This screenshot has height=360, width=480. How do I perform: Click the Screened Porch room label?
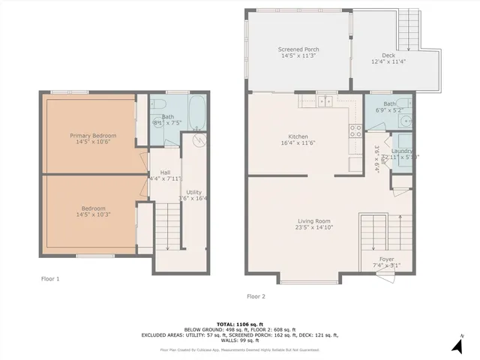tap(299, 49)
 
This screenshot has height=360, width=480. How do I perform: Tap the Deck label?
tap(388, 55)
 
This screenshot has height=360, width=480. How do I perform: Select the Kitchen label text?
tap(298, 136)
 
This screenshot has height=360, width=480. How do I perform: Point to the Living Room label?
tap(313, 220)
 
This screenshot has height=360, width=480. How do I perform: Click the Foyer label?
tap(386, 259)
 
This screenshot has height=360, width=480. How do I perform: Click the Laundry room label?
tap(403, 151)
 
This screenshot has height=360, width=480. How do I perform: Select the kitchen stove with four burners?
tap(355, 131)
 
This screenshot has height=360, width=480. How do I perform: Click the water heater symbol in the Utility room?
tap(197, 139)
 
